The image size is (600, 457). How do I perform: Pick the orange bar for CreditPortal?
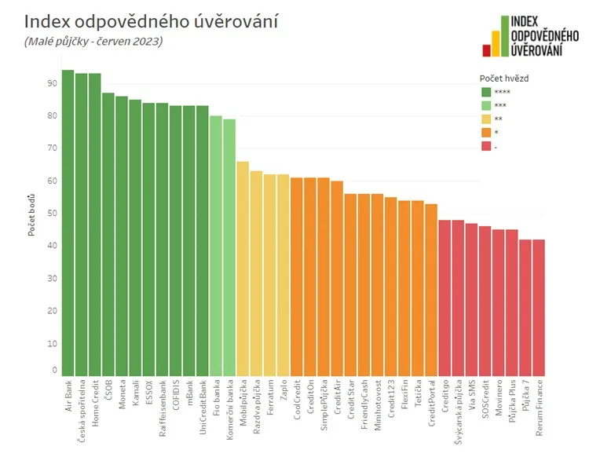pos(430,290)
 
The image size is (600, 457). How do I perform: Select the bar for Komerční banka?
pos(229,247)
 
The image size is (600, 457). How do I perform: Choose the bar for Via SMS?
pos(471,299)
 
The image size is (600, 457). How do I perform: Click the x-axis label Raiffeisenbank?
pos(162,408)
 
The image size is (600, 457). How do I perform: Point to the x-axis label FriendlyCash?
pos(364,409)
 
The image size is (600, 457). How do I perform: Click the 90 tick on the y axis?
pos(53,83)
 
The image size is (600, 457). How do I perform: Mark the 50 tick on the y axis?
pos(53,213)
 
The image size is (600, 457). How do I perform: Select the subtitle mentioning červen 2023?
pos(93,42)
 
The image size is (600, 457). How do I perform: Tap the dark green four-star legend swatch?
pos(486,92)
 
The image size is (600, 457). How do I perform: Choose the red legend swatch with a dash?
pos(486,146)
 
